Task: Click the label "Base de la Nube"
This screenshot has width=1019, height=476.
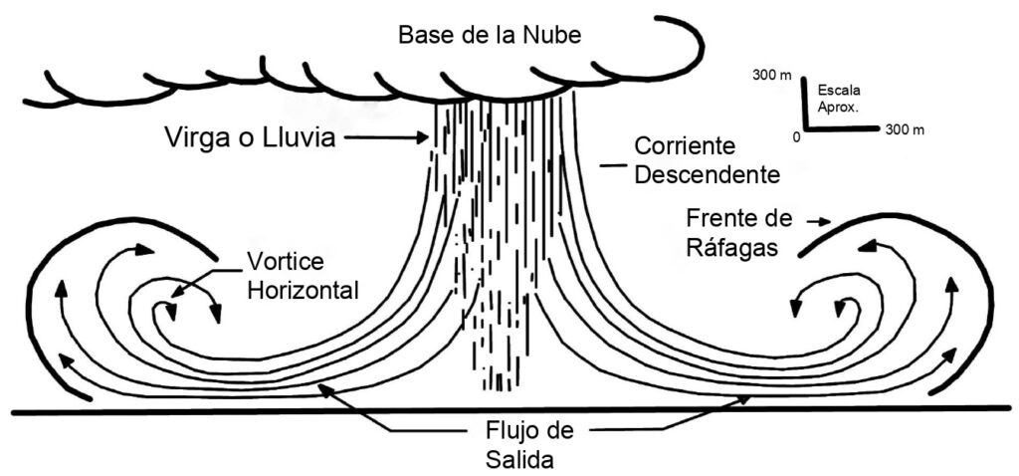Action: coord(490,35)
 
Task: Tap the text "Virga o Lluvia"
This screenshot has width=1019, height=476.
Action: coord(250,137)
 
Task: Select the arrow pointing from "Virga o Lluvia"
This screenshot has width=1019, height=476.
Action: coord(385,137)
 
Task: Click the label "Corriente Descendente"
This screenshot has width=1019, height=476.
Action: coord(708,160)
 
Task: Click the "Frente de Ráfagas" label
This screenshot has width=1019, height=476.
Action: coord(739,233)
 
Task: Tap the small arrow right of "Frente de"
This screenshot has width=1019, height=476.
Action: coord(819,222)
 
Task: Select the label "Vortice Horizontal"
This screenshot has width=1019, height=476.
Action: coord(303,276)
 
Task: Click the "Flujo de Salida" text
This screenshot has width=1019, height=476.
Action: coord(519,444)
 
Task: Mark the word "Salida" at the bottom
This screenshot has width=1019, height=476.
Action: coord(519,459)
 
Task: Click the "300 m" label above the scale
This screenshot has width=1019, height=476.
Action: coord(772,76)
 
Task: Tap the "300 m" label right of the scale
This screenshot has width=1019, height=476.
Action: coord(905,130)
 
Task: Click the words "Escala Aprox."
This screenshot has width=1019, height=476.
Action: coord(838,96)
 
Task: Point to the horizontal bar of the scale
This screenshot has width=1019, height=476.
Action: coord(840,127)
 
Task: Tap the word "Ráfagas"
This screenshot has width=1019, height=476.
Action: coord(731,247)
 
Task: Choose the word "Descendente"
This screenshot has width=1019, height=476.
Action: coord(708,175)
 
